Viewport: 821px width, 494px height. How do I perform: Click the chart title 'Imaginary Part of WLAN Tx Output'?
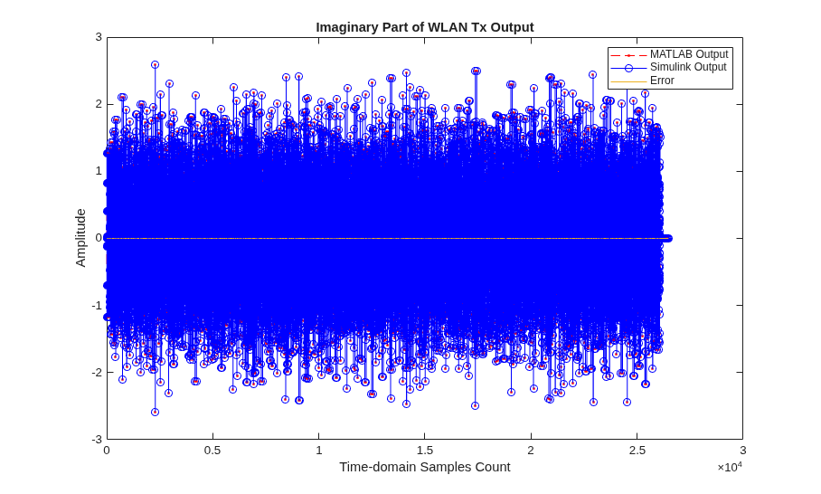point(425,27)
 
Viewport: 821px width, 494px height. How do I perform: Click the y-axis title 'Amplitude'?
point(80,238)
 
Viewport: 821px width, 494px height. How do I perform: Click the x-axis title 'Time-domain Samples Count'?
point(425,467)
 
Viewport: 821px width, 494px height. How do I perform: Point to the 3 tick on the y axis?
point(99,37)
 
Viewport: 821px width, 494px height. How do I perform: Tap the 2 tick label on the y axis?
point(99,104)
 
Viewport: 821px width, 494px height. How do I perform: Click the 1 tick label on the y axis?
point(99,171)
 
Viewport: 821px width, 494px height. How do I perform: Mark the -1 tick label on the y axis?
point(97,305)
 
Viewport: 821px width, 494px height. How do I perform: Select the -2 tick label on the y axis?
point(97,372)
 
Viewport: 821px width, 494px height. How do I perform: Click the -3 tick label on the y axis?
point(97,439)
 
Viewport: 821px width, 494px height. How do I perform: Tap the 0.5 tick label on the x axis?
point(212,451)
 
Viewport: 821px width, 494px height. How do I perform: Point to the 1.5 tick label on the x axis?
point(425,451)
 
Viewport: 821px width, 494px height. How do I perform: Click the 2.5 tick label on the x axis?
point(637,451)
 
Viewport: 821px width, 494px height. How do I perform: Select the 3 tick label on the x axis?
point(743,451)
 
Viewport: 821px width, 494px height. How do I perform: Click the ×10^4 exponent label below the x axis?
point(730,467)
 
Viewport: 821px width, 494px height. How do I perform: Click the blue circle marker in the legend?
point(628,68)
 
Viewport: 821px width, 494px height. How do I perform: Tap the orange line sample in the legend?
point(628,81)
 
